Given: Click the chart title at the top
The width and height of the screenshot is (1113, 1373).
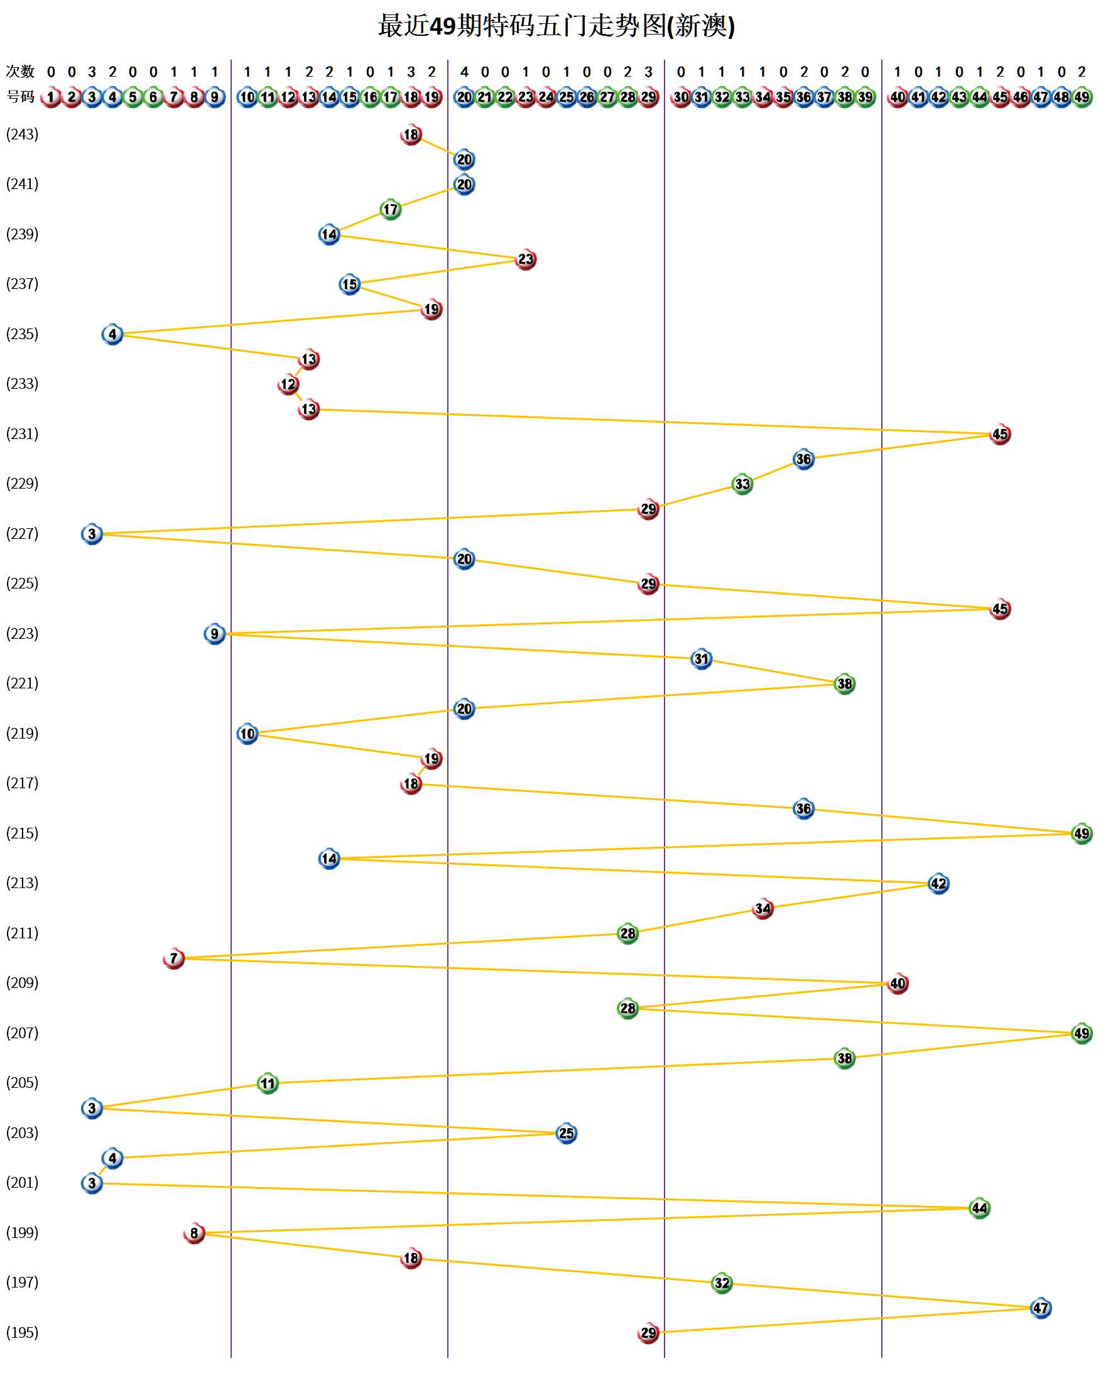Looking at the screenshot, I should click(556, 26).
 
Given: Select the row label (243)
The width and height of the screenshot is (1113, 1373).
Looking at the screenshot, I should click(23, 134).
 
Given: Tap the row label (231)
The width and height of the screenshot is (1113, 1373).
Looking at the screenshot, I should click(23, 434).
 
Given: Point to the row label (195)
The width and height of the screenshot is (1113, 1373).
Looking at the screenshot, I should click(23, 1333).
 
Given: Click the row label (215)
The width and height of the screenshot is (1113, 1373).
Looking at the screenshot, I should click(23, 833).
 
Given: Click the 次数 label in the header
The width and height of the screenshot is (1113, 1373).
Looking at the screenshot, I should click(20, 71).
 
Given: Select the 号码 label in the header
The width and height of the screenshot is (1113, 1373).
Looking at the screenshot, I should click(20, 97).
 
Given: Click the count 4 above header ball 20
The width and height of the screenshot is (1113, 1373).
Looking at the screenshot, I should click(464, 72).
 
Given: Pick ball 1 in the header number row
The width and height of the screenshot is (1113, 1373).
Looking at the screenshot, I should click(51, 97).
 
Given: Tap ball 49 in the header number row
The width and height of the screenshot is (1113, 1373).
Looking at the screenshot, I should click(1082, 97).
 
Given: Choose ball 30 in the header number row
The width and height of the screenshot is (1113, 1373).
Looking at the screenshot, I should click(681, 97).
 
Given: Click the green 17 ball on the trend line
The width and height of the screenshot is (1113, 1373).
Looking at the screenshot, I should click(391, 210).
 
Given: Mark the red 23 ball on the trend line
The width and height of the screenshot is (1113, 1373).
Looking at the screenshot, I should click(526, 259).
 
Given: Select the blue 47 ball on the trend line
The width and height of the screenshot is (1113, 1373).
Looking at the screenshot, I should click(1041, 1308).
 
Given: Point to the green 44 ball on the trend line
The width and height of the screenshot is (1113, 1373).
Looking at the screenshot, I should click(979, 1208).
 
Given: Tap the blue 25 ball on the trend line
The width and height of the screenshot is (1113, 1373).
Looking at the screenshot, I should click(566, 1133).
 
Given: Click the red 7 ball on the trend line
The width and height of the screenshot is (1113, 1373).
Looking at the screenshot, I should click(174, 958).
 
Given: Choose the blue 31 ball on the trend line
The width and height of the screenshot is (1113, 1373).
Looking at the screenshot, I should click(702, 659).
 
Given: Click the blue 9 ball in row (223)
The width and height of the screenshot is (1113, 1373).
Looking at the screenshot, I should click(215, 634).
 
